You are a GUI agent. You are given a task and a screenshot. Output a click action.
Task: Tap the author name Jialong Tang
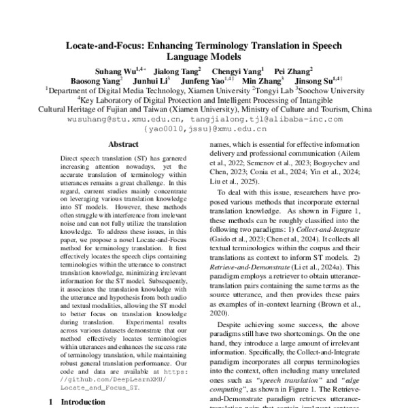coord(176,69)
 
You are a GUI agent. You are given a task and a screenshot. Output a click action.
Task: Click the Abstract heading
coord(124,144)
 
